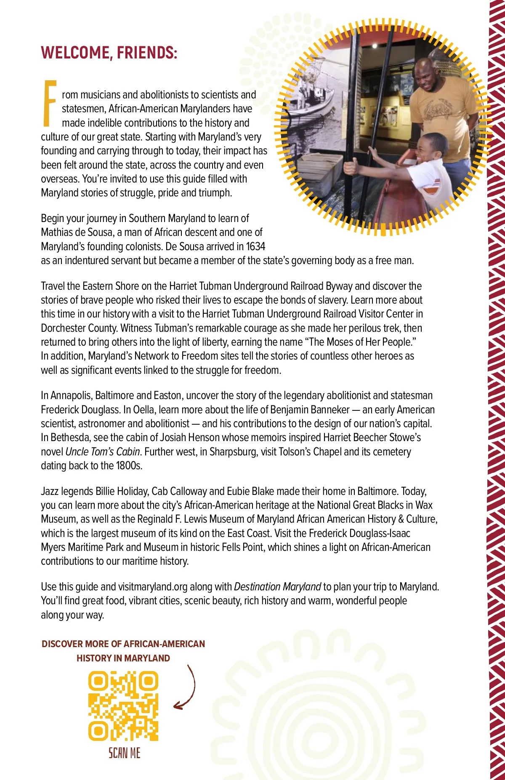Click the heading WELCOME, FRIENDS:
(109, 53)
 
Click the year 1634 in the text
(255, 246)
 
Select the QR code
(123, 706)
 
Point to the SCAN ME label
(125, 753)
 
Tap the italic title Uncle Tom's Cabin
(103, 452)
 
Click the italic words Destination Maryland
(277, 587)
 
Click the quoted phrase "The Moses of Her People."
(361, 342)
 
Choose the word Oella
(144, 410)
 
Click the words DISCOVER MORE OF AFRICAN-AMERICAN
(123, 644)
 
